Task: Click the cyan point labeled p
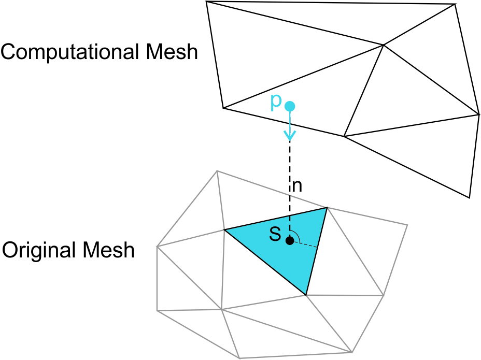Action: coord(290,106)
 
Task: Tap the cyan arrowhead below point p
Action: coord(290,136)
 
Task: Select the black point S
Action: coord(290,240)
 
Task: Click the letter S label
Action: coord(275,236)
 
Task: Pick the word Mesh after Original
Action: coord(109,250)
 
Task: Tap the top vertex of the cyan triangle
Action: coord(327,208)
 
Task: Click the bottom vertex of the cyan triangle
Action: coord(306,295)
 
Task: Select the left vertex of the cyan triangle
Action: coord(224,229)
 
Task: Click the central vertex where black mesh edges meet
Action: coord(383,45)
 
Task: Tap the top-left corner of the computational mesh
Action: coord(206,2)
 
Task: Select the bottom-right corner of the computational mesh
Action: coord(469,197)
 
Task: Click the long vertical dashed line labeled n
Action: coord(290,171)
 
